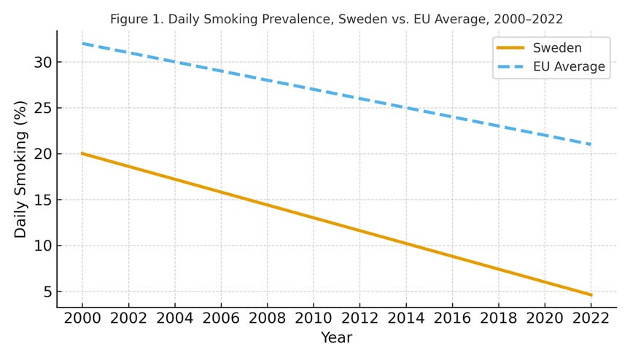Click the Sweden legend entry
(557, 48)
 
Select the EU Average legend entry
(569, 67)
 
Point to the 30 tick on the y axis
(43, 63)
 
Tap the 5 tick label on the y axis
(47, 292)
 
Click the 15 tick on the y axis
(43, 200)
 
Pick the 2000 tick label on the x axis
(82, 319)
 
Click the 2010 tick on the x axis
(313, 319)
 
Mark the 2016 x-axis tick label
(451, 319)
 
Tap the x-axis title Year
(336, 338)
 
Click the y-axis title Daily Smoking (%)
(20, 169)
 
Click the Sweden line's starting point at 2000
(82, 154)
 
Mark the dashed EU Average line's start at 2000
(82, 44)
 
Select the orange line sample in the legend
(510, 48)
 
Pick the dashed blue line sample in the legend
(510, 67)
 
